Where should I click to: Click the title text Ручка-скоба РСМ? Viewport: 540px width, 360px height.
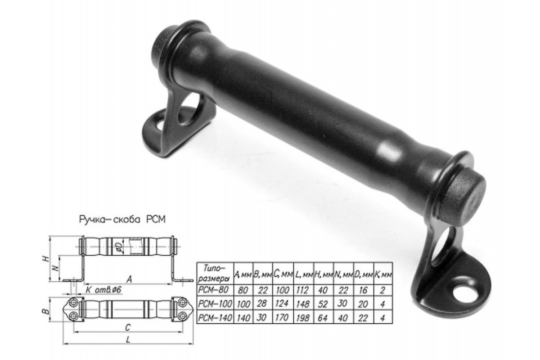122,220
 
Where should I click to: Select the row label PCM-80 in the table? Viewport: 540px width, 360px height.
213,290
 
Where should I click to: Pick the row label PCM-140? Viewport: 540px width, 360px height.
215,318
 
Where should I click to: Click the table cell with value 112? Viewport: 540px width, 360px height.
303,290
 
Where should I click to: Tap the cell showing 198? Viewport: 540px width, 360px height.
303,318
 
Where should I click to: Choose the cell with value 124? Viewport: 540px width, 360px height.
283,304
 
